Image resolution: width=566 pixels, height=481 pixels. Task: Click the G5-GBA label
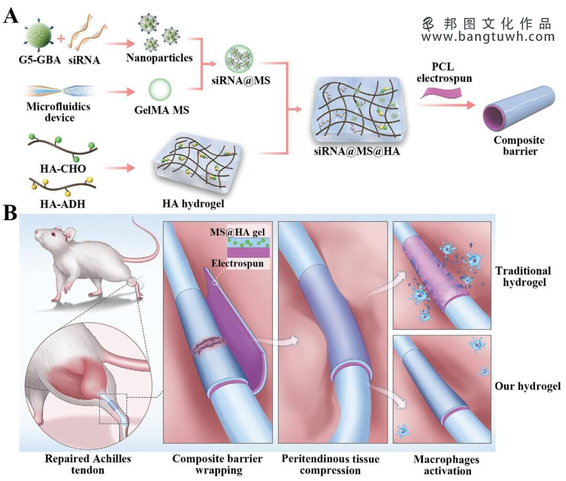point(39,59)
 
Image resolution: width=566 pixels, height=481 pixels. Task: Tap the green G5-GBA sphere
point(39,36)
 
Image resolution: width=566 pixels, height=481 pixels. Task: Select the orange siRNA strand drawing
point(86,35)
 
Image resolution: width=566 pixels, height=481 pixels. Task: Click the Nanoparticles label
point(159,58)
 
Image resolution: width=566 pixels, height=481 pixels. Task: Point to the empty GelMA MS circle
point(160,89)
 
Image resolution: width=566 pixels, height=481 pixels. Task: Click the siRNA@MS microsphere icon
point(239,59)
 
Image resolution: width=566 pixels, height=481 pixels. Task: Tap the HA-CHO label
point(63,168)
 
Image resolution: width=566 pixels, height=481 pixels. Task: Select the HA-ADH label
point(63,204)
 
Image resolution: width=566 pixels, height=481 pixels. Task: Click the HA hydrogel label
point(193,204)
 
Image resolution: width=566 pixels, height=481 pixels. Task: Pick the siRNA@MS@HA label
point(357,151)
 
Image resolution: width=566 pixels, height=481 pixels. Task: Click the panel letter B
point(10,213)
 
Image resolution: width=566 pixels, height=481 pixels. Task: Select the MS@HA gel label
point(237,232)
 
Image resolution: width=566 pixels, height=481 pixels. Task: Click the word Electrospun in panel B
point(237,263)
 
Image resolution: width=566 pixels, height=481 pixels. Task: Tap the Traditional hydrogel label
point(523,276)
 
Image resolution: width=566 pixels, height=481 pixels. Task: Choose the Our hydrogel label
point(528,386)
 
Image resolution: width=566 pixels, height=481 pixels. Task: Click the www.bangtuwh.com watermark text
point(488,37)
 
